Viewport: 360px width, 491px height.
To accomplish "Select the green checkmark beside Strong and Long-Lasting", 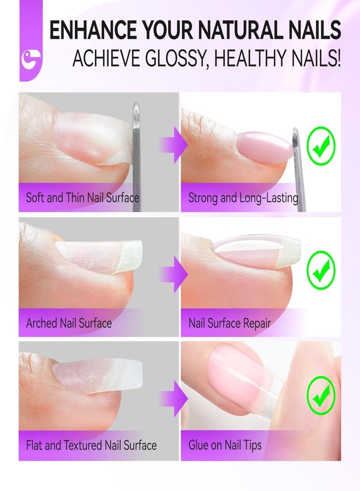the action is [321, 146].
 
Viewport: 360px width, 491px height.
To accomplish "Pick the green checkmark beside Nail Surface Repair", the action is [321, 270].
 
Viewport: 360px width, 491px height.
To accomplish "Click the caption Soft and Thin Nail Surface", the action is [82, 198].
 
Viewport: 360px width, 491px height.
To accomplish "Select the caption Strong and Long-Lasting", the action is [243, 198].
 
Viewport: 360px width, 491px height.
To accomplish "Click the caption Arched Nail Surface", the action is [69, 323].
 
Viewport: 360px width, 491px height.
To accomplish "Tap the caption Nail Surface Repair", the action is [230, 323].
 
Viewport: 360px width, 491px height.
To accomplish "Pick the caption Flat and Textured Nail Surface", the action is [92, 445].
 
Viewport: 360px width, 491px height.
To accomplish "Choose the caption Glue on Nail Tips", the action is [225, 445].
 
